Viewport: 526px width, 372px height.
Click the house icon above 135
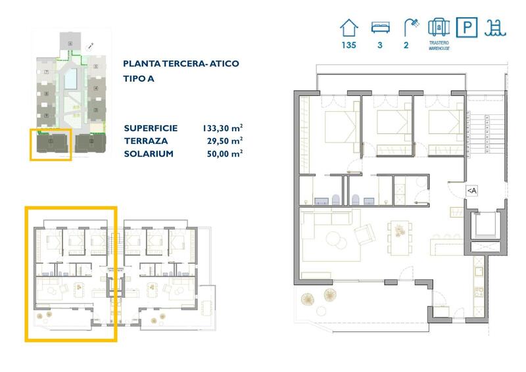[x=349, y=28]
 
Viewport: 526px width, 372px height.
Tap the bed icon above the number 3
[x=379, y=27]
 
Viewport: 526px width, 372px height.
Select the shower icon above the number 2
[x=411, y=27]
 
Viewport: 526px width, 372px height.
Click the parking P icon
[x=467, y=28]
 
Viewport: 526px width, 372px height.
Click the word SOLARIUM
[x=148, y=153]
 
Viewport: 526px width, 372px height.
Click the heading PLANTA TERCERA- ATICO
[x=181, y=64]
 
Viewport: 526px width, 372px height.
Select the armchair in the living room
[x=364, y=233]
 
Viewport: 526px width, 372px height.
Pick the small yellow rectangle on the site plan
[x=51, y=145]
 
